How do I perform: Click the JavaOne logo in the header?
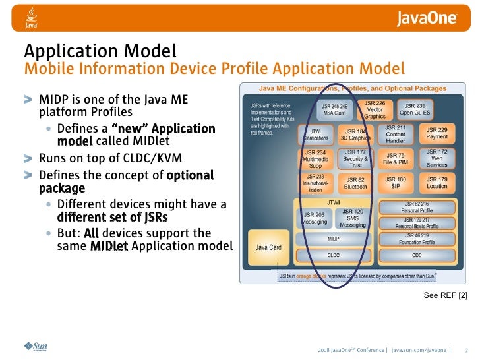tap(427, 18)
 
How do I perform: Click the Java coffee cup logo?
tap(31, 18)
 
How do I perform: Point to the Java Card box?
tap(268, 248)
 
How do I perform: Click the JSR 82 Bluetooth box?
tap(355, 183)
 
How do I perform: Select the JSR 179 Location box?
tap(436, 183)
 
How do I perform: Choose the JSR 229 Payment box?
tap(436, 133)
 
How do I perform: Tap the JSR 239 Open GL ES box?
tap(415, 109)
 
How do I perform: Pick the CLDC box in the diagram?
tap(334, 255)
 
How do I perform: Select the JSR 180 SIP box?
tap(396, 183)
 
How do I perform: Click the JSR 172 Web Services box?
tap(436, 158)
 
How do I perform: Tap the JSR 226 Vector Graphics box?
tap(375, 109)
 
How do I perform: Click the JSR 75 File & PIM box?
tap(396, 158)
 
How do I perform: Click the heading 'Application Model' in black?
tap(100, 51)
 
